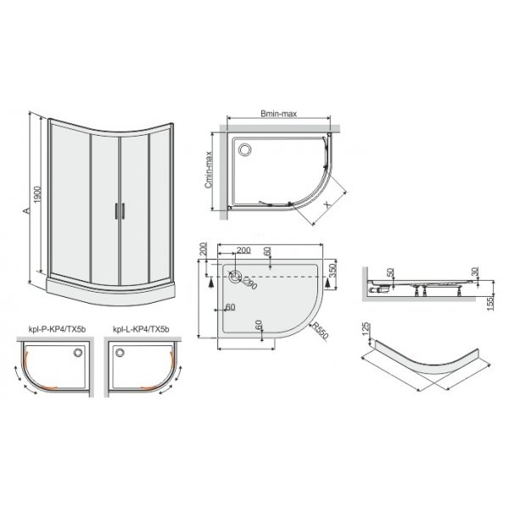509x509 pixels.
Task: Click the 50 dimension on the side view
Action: [x=390, y=273]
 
